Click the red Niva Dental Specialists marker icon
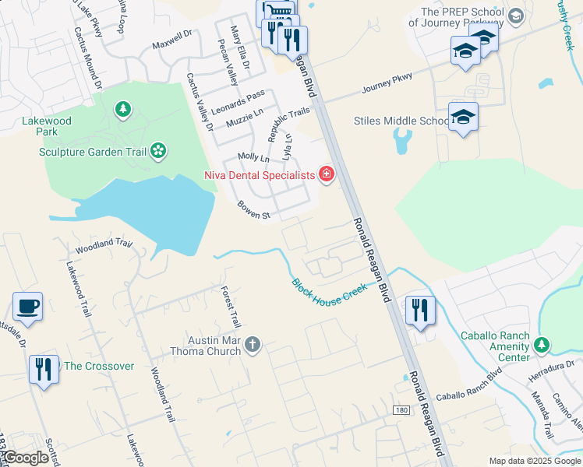(x=326, y=175)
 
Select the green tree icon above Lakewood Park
(x=122, y=109)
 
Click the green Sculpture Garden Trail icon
(x=158, y=151)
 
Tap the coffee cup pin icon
(x=27, y=307)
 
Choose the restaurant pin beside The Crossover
(x=43, y=367)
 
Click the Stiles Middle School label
(x=401, y=121)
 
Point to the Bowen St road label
(x=253, y=209)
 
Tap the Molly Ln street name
(x=253, y=158)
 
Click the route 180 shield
(x=401, y=410)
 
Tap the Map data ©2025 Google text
(x=535, y=460)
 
